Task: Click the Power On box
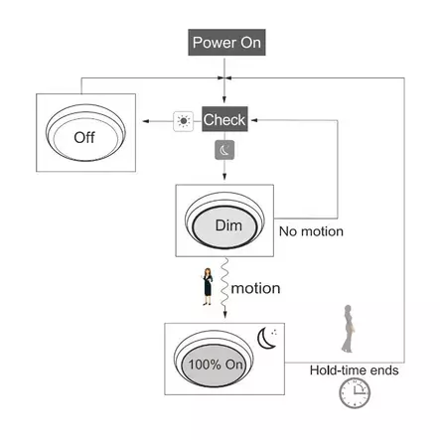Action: coord(226,43)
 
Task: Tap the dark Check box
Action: coord(224,119)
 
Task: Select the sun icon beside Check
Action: coord(184,121)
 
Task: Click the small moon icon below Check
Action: coord(224,150)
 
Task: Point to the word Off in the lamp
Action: coord(84,137)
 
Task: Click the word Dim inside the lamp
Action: coord(228,225)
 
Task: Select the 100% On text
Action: coord(216,365)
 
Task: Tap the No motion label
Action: coord(311,231)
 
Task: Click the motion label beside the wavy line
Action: coord(255,288)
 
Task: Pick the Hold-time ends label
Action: coord(354,370)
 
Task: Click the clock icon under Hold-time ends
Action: coord(355,393)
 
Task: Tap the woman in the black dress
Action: coord(208,287)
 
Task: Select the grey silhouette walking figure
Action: coord(348,329)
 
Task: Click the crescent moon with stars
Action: coord(267,338)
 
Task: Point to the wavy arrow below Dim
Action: coord(224,288)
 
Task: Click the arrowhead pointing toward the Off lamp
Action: coord(145,121)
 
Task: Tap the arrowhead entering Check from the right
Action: coord(254,120)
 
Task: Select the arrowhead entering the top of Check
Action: coord(224,99)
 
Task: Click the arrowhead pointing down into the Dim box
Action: coord(224,177)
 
